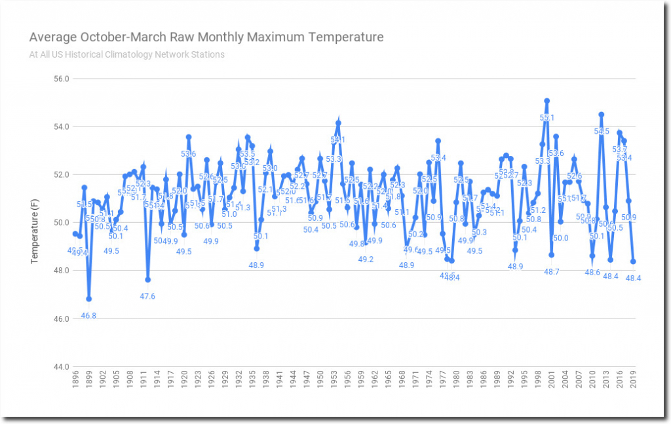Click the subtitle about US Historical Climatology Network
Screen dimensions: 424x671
coord(126,54)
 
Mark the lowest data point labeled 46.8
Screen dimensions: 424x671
coord(88,299)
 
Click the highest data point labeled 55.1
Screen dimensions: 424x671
coord(546,101)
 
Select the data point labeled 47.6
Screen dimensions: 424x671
coord(148,280)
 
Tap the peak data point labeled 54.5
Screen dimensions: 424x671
coord(601,115)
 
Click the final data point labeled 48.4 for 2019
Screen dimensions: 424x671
coord(634,261)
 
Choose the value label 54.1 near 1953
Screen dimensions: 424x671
coord(338,140)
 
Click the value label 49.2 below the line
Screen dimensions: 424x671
coord(366,260)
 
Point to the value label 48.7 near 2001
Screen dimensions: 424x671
coord(552,272)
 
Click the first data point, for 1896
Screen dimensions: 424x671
coord(75,234)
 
